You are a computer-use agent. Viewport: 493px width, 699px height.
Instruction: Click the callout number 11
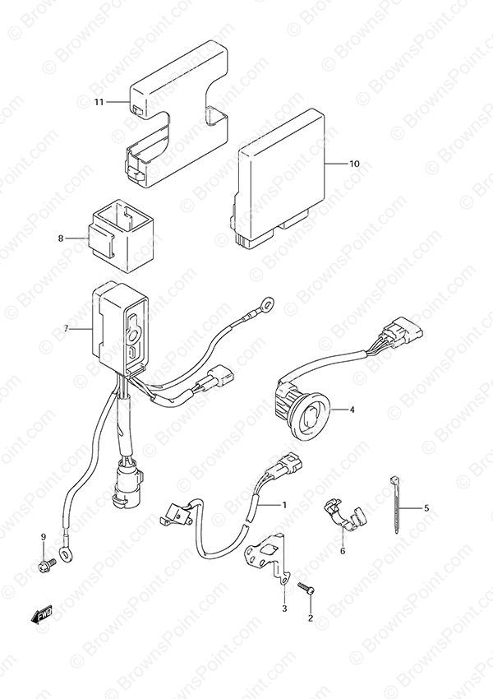click(99, 102)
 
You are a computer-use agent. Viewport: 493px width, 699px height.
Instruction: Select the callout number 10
click(354, 164)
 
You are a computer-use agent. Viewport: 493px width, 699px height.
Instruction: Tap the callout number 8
click(61, 238)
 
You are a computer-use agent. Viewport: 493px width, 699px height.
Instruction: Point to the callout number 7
click(66, 329)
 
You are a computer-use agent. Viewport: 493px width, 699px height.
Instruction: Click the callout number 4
click(352, 410)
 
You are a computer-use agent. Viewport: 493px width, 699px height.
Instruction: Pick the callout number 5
click(426, 507)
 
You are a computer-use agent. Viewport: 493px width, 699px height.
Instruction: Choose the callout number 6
click(343, 551)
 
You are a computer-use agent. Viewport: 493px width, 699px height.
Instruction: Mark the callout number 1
click(283, 505)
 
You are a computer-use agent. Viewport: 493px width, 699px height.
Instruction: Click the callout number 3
click(284, 609)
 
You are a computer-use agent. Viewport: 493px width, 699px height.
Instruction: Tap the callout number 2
click(311, 618)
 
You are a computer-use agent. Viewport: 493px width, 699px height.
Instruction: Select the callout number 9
click(44, 537)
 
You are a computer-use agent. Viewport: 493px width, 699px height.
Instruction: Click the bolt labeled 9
click(47, 566)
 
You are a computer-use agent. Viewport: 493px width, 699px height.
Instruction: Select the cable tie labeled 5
click(394, 504)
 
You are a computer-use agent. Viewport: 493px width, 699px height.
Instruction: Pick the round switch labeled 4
click(303, 411)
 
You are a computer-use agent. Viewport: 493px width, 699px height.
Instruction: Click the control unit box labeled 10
click(279, 178)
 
